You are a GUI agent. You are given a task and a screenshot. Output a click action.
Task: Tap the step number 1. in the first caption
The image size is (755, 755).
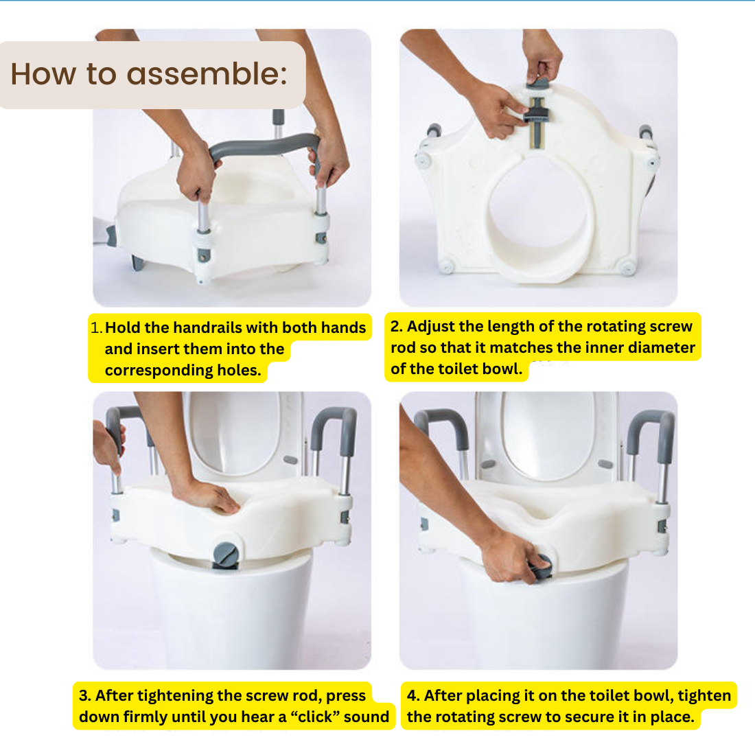(96, 327)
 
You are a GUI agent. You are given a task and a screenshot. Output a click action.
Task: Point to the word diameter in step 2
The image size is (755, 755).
(662, 347)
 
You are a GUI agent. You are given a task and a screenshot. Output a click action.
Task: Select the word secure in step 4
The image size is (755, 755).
(590, 717)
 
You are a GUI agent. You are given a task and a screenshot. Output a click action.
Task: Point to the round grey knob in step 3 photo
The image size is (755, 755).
(225, 554)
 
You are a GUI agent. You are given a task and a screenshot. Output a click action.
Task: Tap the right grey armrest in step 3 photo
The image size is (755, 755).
(336, 426)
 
